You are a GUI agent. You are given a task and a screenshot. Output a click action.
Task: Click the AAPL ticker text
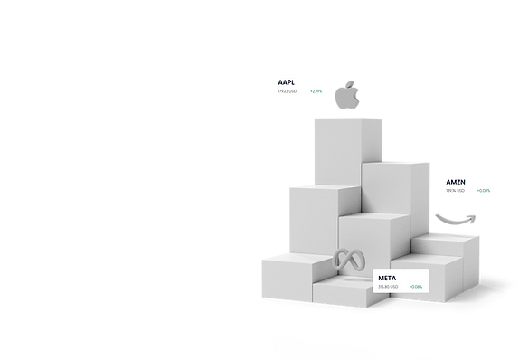(x=288, y=81)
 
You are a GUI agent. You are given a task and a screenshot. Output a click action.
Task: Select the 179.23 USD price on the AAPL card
(x=290, y=91)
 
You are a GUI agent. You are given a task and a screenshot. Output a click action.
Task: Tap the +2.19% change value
(x=316, y=91)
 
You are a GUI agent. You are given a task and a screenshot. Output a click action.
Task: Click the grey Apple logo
(x=345, y=97)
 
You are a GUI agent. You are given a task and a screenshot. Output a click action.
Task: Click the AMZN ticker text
(x=456, y=181)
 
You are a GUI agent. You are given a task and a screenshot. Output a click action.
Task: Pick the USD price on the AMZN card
(x=455, y=191)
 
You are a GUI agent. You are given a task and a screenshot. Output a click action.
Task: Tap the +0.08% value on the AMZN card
(x=483, y=191)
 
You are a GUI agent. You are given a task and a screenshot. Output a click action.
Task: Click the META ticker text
(x=387, y=277)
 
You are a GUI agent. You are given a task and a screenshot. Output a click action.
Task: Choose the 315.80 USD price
(x=388, y=287)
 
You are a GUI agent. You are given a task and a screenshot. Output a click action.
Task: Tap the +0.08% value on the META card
(x=415, y=287)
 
